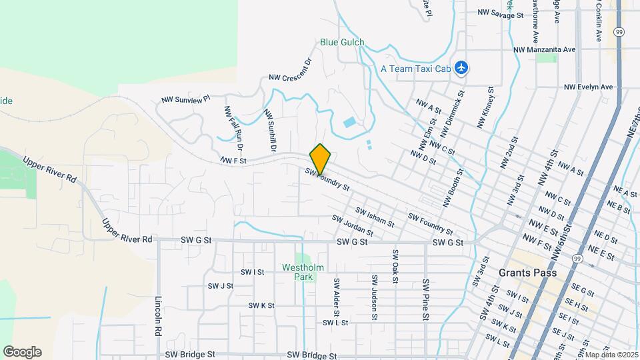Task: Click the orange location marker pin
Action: click(320, 159)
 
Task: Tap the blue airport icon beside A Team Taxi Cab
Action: click(461, 67)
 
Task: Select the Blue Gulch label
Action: click(342, 43)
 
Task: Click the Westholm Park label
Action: click(303, 272)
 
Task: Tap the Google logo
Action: click(22, 352)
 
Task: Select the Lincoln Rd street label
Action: click(159, 317)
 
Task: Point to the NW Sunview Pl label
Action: click(185, 99)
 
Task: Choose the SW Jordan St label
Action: click(352, 226)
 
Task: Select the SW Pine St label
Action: click(425, 300)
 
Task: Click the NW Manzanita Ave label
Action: click(544, 50)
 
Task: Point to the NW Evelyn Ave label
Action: click(588, 87)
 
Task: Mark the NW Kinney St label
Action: click(485, 107)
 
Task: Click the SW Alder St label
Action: click(337, 297)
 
